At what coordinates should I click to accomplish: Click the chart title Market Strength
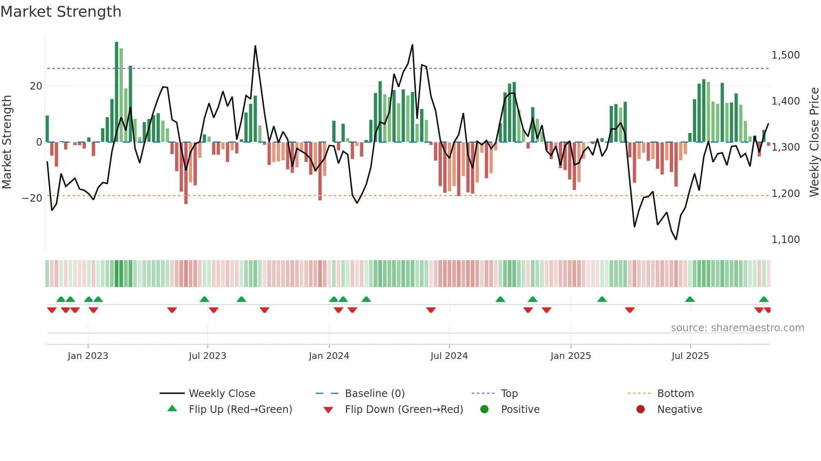click(61, 12)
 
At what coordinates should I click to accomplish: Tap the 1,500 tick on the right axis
click(785, 55)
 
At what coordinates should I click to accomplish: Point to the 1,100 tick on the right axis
click(785, 240)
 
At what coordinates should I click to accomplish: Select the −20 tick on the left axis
click(32, 198)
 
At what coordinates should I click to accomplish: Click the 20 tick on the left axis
click(36, 86)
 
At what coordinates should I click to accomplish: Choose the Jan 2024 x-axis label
click(329, 356)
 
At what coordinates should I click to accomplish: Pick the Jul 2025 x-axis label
click(690, 356)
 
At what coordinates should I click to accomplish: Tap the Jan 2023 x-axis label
click(88, 356)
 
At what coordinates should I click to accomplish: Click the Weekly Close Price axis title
click(814, 142)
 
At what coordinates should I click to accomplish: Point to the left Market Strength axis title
click(7, 142)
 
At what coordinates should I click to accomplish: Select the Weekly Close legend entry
click(222, 394)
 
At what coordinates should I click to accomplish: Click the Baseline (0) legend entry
click(374, 394)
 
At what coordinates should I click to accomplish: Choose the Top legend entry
click(509, 394)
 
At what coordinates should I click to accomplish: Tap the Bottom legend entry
click(675, 394)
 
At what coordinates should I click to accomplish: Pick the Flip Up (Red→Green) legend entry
click(240, 410)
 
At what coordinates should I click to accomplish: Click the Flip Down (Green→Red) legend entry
click(404, 410)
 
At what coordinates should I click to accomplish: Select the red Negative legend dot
click(640, 410)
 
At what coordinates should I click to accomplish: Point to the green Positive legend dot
click(485, 410)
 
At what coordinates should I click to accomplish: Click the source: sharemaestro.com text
click(737, 328)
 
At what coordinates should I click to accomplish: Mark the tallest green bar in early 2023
click(116, 92)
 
